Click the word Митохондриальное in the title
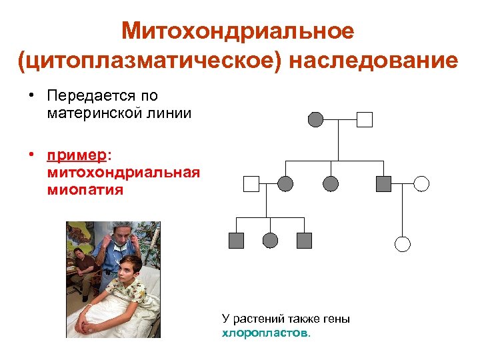click(237, 31)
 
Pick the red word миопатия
click(85, 190)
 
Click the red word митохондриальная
click(123, 173)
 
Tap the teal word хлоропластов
click(265, 332)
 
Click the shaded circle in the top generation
click(315, 119)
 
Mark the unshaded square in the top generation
click(364, 119)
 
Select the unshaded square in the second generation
click(251, 184)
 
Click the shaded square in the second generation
click(383, 184)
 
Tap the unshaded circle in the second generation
click(421, 184)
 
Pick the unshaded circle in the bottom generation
click(403, 243)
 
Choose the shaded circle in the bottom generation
click(270, 241)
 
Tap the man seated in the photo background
click(81, 263)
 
